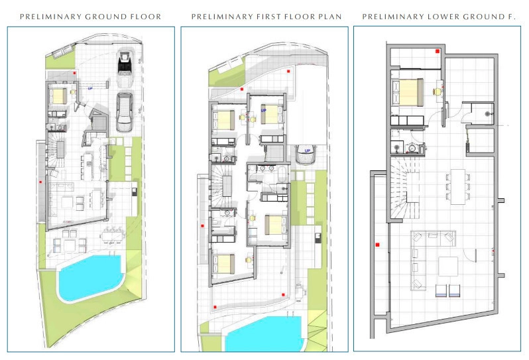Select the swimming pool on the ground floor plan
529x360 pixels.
click(90, 277)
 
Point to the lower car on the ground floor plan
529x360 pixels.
click(125, 112)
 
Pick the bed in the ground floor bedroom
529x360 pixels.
click(58, 95)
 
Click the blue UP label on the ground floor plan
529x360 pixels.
click(90, 88)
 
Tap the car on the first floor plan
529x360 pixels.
click(306, 154)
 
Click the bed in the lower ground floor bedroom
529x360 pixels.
click(408, 92)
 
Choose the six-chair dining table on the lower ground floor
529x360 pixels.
click(458, 186)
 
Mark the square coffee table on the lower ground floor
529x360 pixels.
click(448, 267)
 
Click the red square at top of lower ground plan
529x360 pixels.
click(438, 51)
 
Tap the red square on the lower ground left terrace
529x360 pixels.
click(377, 245)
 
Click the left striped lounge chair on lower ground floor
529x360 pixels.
click(441, 291)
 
